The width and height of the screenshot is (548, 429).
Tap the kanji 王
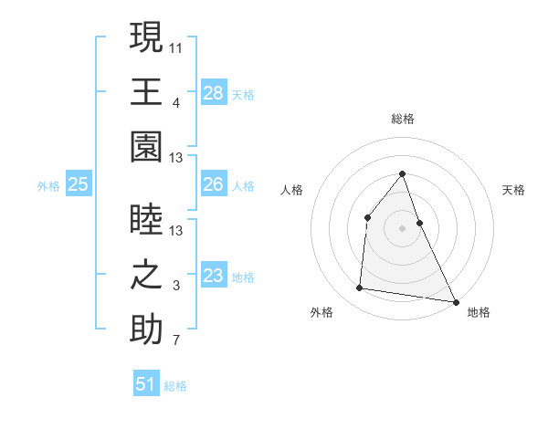point(146,92)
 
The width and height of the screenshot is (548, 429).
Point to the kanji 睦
point(146,219)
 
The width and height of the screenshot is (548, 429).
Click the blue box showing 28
point(214,93)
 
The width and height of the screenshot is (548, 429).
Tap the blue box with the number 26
point(214,184)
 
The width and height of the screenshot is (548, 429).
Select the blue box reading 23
point(214,276)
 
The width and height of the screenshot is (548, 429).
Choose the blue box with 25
point(79,184)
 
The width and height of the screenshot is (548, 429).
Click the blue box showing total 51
point(146,384)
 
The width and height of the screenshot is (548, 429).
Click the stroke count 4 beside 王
point(176,104)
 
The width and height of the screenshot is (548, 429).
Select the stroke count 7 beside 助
point(176,341)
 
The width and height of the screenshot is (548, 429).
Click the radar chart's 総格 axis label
point(402,119)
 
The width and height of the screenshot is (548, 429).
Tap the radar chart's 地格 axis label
point(479,312)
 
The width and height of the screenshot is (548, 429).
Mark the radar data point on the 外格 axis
point(360,288)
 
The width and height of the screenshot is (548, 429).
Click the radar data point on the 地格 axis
point(455,302)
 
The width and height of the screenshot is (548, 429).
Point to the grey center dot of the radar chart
point(402,228)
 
